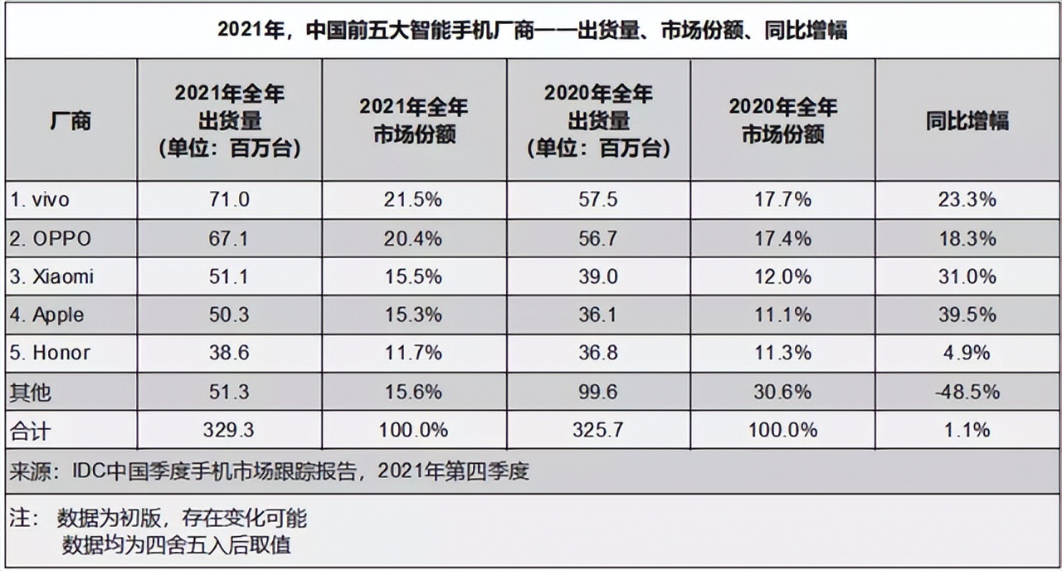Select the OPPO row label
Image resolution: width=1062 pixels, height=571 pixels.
click(51, 238)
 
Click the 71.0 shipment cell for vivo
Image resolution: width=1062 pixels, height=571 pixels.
click(230, 200)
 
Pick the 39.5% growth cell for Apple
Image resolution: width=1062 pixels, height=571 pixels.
click(967, 315)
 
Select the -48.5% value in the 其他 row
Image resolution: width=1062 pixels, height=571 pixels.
click(967, 391)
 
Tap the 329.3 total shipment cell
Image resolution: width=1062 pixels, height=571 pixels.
click(230, 429)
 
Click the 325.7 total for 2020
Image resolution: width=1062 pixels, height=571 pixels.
click(598, 429)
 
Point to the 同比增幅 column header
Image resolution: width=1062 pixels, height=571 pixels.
click(967, 120)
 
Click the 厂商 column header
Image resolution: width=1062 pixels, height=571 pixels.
click(71, 120)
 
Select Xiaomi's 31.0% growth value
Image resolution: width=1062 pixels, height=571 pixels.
click(967, 276)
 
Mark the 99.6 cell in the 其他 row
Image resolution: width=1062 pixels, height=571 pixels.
click(598, 391)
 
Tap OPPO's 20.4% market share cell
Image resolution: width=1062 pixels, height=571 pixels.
click(413, 238)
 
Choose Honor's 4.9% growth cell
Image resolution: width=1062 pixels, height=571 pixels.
click(967, 353)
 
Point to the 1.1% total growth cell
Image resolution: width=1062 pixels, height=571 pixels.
click(967, 429)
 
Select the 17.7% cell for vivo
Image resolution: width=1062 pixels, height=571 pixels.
click(782, 200)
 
